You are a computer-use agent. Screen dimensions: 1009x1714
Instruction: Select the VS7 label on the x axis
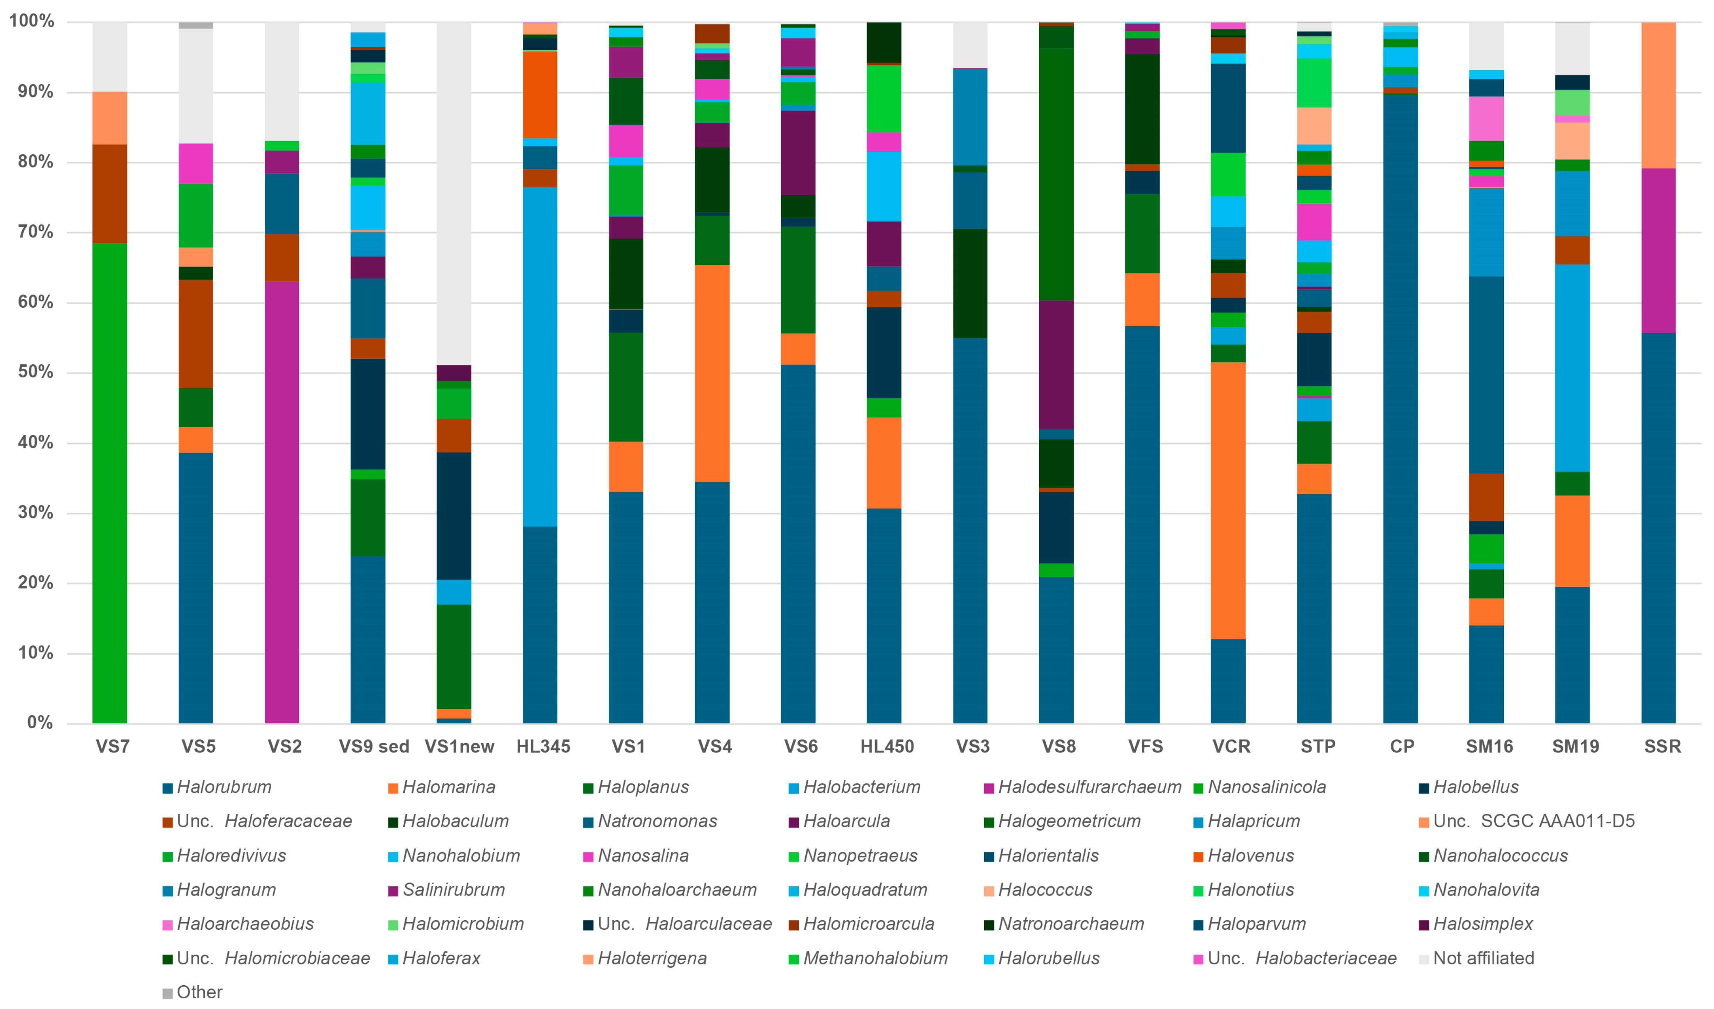point(112,747)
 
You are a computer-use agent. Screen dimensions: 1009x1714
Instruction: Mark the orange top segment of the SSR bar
point(1658,95)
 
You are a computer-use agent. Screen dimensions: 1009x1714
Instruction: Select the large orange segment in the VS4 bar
point(712,373)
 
